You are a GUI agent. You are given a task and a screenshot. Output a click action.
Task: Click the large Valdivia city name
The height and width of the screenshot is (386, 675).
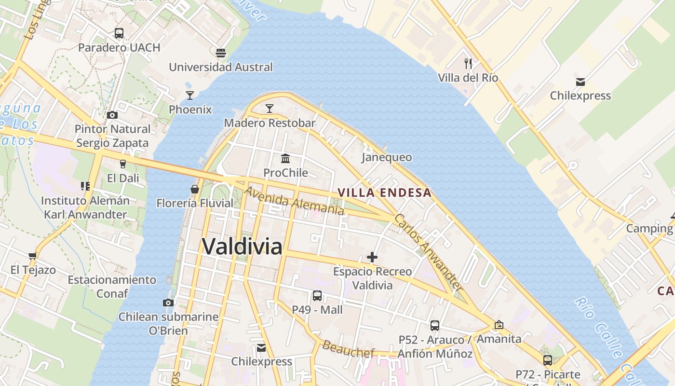242,247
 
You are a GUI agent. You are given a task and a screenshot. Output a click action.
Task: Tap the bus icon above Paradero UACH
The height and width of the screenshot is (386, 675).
119,33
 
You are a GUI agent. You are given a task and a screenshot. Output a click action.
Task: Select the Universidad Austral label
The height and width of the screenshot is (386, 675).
221,67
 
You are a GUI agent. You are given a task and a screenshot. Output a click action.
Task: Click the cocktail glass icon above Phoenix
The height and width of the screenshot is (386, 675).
190,95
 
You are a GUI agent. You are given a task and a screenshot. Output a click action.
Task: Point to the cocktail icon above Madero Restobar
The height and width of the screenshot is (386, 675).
270,109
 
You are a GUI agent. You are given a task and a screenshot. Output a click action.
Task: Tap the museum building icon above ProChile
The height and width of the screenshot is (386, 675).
285,158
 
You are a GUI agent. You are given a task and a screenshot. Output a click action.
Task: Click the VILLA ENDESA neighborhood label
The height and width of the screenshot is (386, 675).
384,193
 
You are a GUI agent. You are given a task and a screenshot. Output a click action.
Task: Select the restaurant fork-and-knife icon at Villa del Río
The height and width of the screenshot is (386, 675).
468,63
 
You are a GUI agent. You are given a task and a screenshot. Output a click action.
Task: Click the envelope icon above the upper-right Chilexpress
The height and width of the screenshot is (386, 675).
580,82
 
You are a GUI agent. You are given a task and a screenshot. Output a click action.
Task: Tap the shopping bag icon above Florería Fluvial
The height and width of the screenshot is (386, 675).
195,189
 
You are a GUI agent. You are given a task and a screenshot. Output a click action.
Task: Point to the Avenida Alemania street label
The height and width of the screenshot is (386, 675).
294,201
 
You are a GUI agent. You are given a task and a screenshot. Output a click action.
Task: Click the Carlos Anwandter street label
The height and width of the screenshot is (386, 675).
428,252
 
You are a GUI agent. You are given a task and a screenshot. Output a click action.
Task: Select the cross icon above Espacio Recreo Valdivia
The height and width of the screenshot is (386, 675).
372,257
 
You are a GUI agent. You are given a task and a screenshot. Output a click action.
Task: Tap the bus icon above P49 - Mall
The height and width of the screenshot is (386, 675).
317,296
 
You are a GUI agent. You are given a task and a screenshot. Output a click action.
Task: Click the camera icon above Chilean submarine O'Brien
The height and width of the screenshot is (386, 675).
168,303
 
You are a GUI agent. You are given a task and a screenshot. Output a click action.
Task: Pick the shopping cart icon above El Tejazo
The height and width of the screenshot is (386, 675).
33,256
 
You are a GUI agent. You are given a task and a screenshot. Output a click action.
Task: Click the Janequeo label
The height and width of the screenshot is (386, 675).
387,157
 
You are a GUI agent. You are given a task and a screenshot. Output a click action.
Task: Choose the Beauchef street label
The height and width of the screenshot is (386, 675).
348,349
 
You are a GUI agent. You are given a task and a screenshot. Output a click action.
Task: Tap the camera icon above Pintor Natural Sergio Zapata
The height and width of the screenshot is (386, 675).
112,115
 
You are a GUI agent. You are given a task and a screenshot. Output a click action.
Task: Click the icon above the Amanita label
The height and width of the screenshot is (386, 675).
499,325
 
